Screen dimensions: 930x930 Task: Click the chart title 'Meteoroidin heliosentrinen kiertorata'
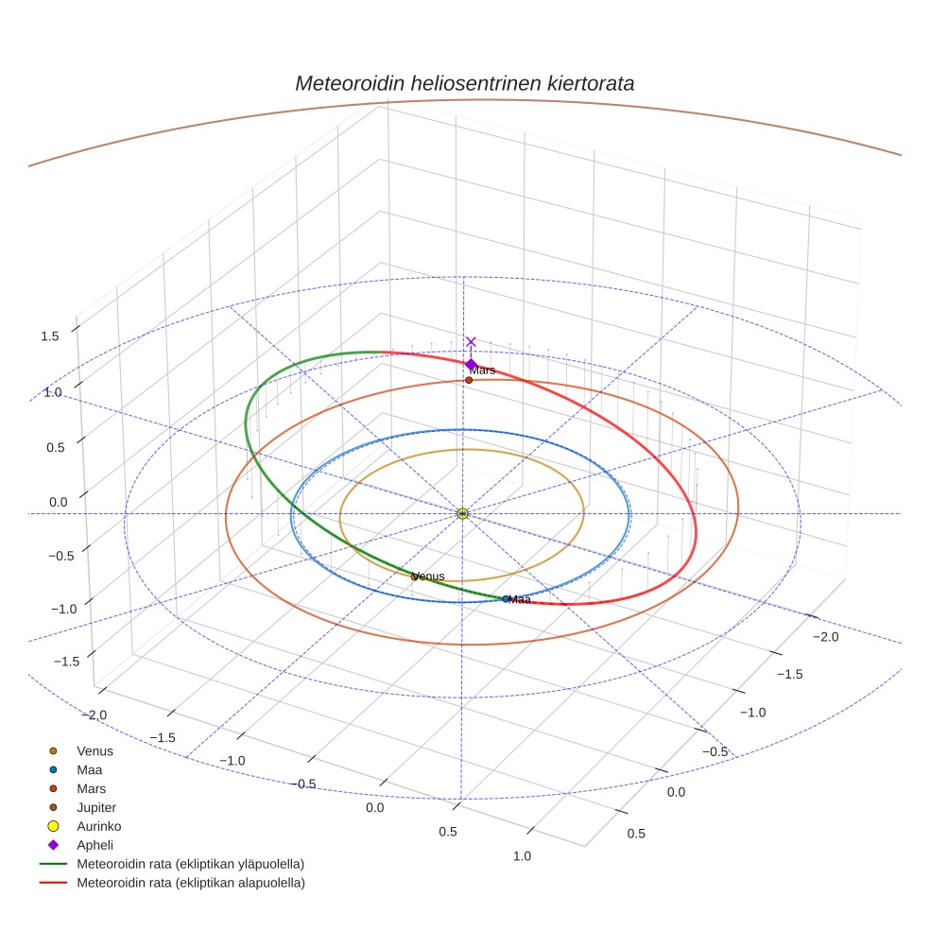464,83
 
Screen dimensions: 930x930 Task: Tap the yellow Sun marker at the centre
462,513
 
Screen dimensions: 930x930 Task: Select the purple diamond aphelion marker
471,365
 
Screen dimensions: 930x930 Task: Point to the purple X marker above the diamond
471,342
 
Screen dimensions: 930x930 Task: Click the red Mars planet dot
469,380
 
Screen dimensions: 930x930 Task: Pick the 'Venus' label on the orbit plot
428,577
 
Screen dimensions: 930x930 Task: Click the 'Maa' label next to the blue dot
520,599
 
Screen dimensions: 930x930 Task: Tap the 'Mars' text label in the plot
483,370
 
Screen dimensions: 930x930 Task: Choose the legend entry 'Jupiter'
95,807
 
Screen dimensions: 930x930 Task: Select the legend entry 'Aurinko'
98,826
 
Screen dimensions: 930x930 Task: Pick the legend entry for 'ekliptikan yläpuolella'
190,864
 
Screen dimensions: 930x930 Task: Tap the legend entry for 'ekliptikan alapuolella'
190,883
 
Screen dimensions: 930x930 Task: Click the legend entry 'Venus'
95,750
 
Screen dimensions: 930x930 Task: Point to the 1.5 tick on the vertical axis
49,336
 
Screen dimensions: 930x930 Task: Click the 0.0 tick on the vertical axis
59,502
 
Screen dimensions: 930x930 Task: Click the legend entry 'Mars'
92,788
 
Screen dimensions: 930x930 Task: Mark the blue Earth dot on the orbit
506,598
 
